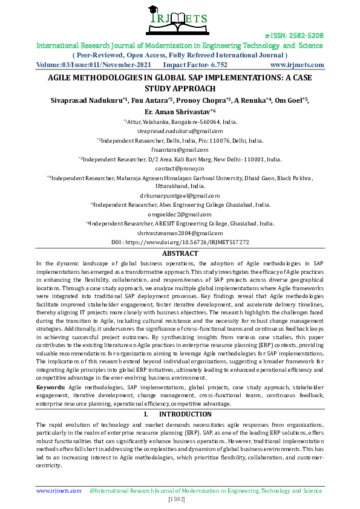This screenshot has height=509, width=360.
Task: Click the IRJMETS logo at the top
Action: tap(179, 19)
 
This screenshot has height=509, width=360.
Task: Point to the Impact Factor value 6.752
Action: tap(216, 63)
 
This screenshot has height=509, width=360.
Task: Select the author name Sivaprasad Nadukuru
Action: tap(85, 100)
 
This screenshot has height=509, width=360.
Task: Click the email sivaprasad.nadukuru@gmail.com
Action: tap(180, 131)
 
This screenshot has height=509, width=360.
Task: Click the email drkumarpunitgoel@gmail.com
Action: tap(180, 196)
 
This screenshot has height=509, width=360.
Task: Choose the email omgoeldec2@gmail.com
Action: tap(180, 214)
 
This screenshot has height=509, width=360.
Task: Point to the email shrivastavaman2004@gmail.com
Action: tap(180, 233)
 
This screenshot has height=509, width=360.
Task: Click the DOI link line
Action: tap(180, 242)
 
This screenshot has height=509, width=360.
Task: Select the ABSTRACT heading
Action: tap(180, 254)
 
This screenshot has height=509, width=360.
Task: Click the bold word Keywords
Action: tap(51, 386)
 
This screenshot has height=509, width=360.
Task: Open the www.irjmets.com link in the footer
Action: tap(59, 491)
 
